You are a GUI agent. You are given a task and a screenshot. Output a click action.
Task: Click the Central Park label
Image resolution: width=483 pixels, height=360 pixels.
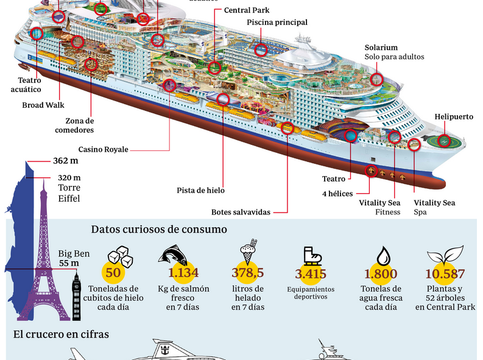(x=246, y=10)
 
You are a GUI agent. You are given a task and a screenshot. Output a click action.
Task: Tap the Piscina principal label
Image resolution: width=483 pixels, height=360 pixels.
(x=277, y=23)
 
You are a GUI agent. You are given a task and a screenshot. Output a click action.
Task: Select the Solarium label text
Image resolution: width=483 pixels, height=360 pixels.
(x=381, y=47)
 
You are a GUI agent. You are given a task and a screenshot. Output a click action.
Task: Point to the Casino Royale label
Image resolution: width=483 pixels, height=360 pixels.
(x=103, y=149)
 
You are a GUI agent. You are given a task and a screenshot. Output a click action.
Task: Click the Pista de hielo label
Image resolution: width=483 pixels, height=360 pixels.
(x=201, y=190)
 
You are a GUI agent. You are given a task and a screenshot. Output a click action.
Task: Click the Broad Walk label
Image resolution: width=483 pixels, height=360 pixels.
(x=43, y=105)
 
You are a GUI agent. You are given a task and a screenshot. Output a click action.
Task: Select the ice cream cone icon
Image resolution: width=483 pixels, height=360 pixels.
(x=248, y=254)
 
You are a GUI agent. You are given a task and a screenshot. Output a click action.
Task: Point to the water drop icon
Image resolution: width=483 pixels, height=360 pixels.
(x=383, y=254)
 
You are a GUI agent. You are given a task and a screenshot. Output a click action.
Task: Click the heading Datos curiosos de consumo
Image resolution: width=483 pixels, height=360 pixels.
(x=159, y=229)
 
